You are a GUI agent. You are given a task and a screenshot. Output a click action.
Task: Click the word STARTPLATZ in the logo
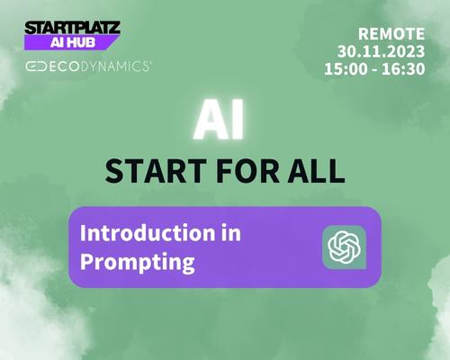click(72, 28)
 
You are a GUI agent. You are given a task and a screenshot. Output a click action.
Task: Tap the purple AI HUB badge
click(72, 42)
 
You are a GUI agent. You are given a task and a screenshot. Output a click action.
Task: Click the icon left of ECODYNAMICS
click(36, 67)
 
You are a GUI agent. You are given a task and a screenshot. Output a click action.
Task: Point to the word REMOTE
click(391, 34)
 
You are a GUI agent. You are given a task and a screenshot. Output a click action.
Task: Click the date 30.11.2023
click(382, 51)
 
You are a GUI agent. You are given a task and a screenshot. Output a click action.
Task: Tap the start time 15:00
click(346, 69)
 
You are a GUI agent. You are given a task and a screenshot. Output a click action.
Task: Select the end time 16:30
click(403, 69)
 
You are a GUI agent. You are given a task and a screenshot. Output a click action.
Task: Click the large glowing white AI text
click(219, 120)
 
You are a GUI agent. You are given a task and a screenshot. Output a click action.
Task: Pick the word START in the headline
click(156, 171)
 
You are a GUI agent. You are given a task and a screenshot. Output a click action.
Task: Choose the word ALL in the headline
click(316, 171)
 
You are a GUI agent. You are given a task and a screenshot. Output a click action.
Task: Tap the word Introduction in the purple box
click(148, 233)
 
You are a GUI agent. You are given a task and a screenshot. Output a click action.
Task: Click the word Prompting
click(138, 262)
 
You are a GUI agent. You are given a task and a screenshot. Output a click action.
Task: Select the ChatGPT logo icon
click(344, 247)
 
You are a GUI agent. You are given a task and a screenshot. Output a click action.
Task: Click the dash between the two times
click(374, 70)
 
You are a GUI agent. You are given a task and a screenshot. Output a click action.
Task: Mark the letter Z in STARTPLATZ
click(114, 28)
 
